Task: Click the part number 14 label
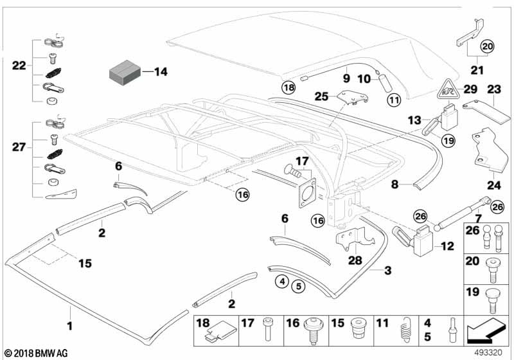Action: click(x=160, y=72)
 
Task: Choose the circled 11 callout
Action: click(x=393, y=100)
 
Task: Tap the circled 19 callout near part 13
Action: click(x=448, y=138)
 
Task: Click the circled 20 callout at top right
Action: click(x=488, y=46)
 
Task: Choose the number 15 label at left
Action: click(x=85, y=263)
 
